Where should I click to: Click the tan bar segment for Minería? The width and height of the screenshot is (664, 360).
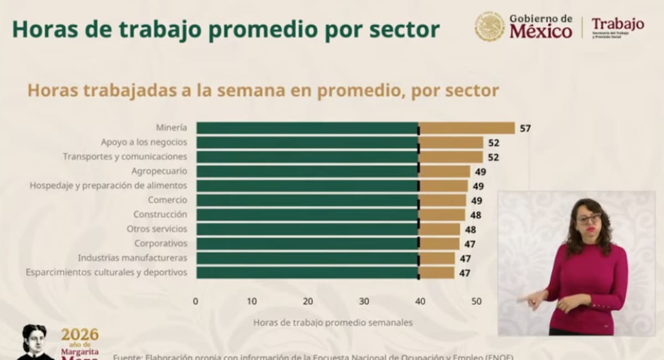click(x=466, y=128)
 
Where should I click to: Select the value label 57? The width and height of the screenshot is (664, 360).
click(x=525, y=128)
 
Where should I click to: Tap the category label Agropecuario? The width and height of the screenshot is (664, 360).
click(x=159, y=171)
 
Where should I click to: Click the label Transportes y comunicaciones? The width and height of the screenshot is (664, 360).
click(x=125, y=156)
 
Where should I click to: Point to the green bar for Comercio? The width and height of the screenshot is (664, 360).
click(x=307, y=200)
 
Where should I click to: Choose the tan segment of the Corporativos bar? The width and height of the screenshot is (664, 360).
click(x=439, y=243)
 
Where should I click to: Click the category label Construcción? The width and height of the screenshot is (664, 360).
click(x=160, y=215)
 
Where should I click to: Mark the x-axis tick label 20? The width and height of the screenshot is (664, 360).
click(x=308, y=301)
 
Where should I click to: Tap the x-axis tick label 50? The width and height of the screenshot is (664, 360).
click(x=476, y=301)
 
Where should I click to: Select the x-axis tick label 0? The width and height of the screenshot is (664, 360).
click(x=195, y=301)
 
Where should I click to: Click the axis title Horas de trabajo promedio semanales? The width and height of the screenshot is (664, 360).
click(x=333, y=322)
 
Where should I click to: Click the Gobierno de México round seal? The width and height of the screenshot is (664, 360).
click(x=490, y=26)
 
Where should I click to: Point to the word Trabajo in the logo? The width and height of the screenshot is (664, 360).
click(x=618, y=24)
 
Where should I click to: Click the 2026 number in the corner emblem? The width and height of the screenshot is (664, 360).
click(x=80, y=335)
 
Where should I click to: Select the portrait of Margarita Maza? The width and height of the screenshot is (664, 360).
click(x=34, y=342)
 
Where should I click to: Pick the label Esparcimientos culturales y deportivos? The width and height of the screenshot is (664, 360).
click(x=106, y=272)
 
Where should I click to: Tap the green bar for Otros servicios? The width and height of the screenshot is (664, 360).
click(x=307, y=229)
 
